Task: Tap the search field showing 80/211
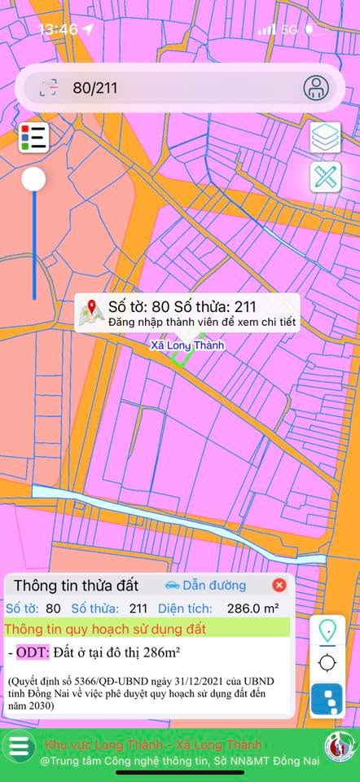[x=163, y=88]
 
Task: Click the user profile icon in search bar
[x=316, y=87]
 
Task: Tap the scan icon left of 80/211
[x=49, y=88]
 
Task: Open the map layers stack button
[x=325, y=138]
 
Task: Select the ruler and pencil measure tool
[x=325, y=178]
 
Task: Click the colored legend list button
[x=33, y=137]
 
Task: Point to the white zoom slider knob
[x=33, y=179]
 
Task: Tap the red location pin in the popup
[x=92, y=308]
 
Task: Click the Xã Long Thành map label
[x=187, y=345]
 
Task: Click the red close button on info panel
[x=279, y=585]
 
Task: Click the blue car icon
[x=172, y=585]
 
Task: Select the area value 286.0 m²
[x=252, y=608]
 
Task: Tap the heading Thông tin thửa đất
[x=77, y=585]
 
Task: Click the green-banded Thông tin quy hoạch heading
[x=106, y=629]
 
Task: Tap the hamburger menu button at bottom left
[x=20, y=746]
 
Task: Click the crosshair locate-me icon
[x=327, y=662]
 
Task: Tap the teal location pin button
[x=327, y=630]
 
